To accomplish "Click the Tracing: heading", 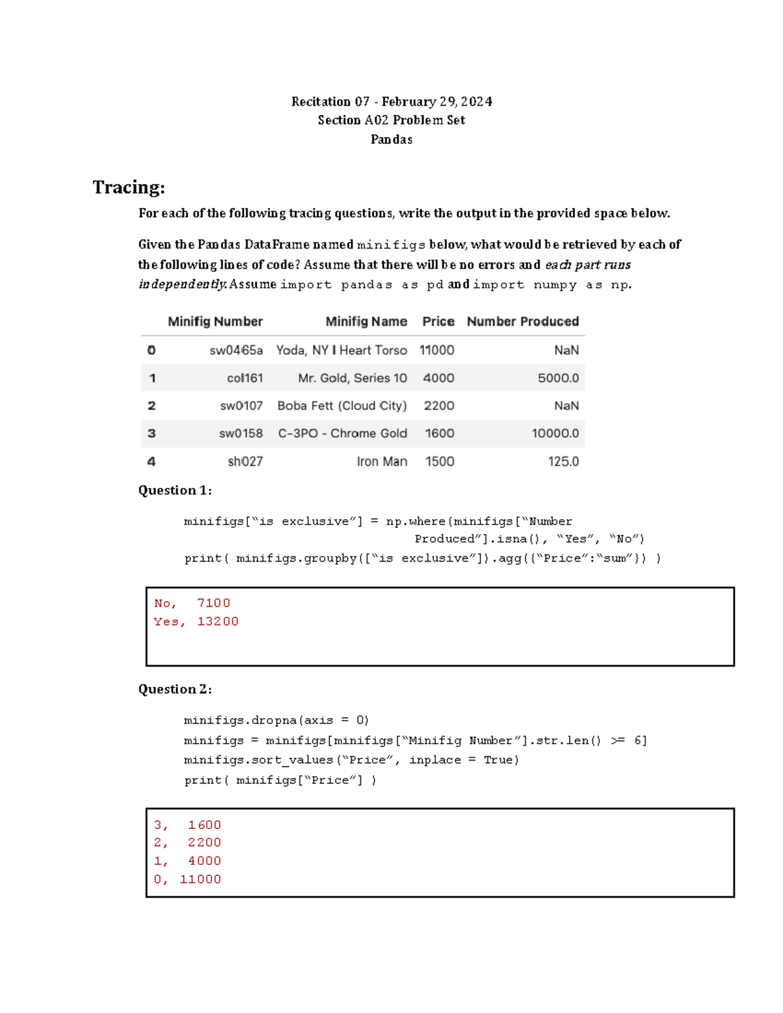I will tap(129, 187).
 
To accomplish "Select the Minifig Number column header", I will tap(215, 322).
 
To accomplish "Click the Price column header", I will tap(438, 322).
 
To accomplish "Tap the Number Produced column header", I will tap(522, 322).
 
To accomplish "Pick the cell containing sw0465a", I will tap(236, 350).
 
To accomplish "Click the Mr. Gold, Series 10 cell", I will tap(352, 378).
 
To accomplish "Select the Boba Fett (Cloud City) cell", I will tap(342, 406).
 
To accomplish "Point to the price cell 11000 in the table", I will tap(437, 350).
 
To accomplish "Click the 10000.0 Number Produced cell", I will tap(555, 434).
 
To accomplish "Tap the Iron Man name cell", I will tap(382, 462).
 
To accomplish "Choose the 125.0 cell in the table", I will tap(563, 462).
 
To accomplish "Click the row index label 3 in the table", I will tap(151, 434).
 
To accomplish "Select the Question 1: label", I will tap(175, 491).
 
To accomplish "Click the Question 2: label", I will tap(175, 689).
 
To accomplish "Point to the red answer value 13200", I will tap(218, 622).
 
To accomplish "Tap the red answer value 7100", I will tap(213, 603).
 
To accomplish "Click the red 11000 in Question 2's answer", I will tap(200, 879).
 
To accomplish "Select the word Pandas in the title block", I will tap(391, 140).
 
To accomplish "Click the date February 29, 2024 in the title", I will tap(437, 102).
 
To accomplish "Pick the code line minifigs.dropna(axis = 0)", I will tap(276, 721).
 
